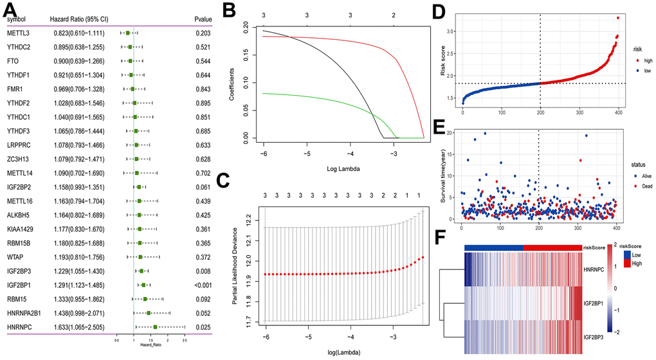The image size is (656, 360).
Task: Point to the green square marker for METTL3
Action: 128,32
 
